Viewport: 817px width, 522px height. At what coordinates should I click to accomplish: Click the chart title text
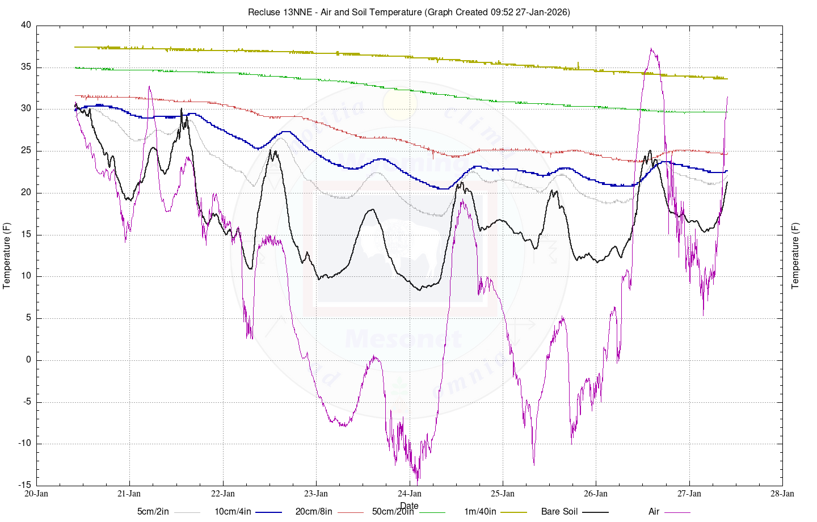408,12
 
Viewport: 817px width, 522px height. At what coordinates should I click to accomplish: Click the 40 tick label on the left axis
26,26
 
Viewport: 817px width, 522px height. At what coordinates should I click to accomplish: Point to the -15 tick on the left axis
25,485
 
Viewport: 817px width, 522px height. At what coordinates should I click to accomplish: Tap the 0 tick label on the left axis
29,360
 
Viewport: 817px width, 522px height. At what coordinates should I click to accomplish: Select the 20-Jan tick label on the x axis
36,494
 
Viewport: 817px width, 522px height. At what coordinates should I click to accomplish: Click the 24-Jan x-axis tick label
410,494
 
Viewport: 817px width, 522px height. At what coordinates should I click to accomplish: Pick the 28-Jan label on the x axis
782,494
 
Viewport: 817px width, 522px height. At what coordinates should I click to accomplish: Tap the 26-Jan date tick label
596,494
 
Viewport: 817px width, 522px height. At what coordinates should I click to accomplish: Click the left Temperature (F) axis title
7,255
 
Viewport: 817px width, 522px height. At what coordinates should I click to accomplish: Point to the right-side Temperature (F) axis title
795,255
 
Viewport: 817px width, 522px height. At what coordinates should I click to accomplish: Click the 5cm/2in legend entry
153,512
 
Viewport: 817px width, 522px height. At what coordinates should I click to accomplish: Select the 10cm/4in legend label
233,512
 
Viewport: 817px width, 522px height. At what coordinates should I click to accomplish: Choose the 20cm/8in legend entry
314,512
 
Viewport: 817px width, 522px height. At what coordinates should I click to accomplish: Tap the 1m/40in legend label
480,512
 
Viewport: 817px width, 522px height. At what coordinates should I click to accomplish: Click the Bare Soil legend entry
559,512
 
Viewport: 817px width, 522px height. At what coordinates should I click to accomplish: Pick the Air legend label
654,512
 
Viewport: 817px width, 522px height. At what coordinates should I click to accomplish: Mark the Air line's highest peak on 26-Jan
651,49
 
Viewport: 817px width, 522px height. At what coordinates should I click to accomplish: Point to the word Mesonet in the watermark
403,339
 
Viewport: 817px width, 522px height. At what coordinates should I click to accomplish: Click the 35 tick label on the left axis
26,68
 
